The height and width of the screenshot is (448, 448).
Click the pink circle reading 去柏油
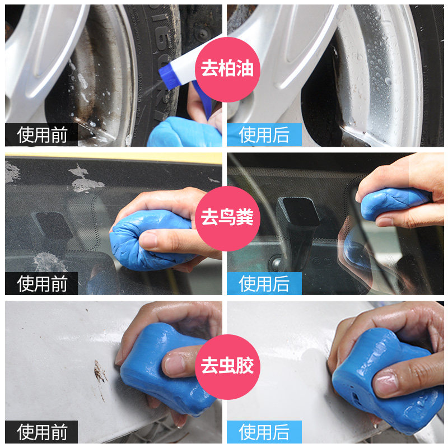tap(227, 69)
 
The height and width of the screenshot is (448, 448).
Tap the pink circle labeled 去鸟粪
tap(227, 218)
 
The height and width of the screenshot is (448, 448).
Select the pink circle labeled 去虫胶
tap(227, 367)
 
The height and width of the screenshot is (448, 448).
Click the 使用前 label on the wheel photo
tap(41, 134)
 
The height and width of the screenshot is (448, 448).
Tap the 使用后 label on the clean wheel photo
tap(264, 134)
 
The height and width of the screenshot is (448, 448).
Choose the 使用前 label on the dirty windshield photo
tap(41, 283)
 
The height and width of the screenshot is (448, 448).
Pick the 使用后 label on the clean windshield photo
tap(264, 283)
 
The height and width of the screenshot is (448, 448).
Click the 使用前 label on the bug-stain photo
tap(41, 432)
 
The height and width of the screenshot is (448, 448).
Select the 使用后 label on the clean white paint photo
tap(264, 432)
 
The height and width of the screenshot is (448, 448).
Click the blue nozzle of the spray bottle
tap(169, 76)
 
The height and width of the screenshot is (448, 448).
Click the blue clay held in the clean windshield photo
tap(394, 203)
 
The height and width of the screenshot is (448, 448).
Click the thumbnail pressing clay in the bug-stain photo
tap(175, 364)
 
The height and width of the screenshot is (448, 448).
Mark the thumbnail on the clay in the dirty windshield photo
tap(148, 240)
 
